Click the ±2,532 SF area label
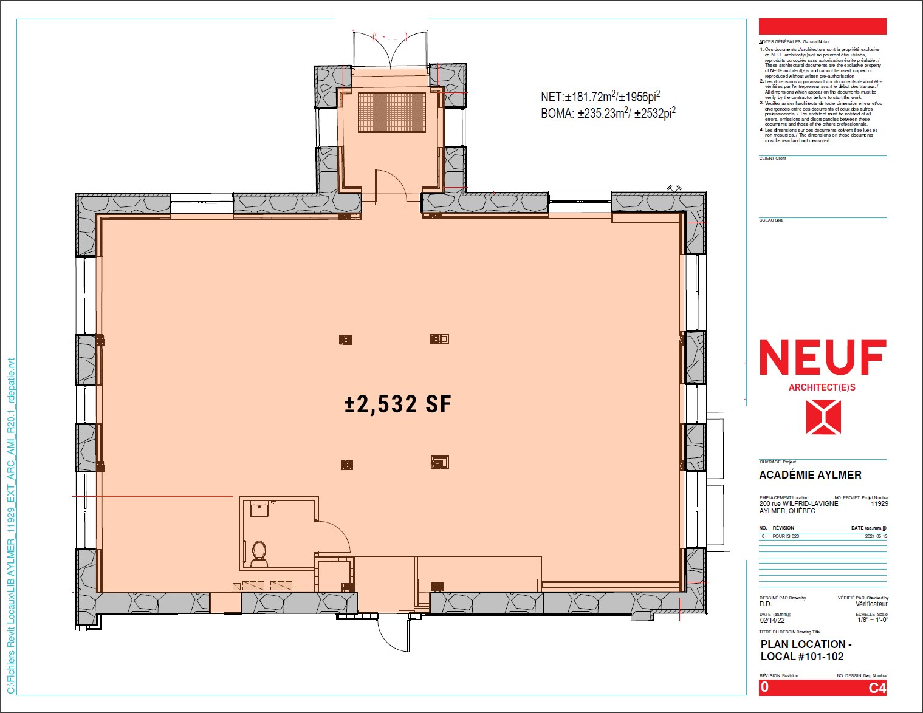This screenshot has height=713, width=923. (398, 404)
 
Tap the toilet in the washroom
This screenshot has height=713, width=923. (259, 552)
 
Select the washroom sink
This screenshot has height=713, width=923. (259, 509)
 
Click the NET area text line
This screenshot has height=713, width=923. (600, 97)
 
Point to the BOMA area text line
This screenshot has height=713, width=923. (608, 113)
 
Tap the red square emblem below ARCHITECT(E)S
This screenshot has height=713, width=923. (823, 417)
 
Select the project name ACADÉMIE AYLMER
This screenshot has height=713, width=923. (810, 475)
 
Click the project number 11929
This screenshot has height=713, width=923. (879, 503)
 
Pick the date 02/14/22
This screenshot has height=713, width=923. (772, 620)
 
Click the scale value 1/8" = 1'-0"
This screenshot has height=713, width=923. (873, 619)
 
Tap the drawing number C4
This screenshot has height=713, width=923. (877, 688)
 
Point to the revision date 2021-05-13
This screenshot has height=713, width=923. (876, 536)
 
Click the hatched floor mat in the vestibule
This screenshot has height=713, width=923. (391, 112)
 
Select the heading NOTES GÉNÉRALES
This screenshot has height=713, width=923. (780, 42)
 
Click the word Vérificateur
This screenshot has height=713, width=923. (871, 604)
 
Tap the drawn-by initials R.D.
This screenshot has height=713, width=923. (766, 604)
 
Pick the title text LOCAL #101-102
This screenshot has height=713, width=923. (802, 657)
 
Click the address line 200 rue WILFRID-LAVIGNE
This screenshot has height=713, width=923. (798, 503)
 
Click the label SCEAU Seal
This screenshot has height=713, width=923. (771, 220)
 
